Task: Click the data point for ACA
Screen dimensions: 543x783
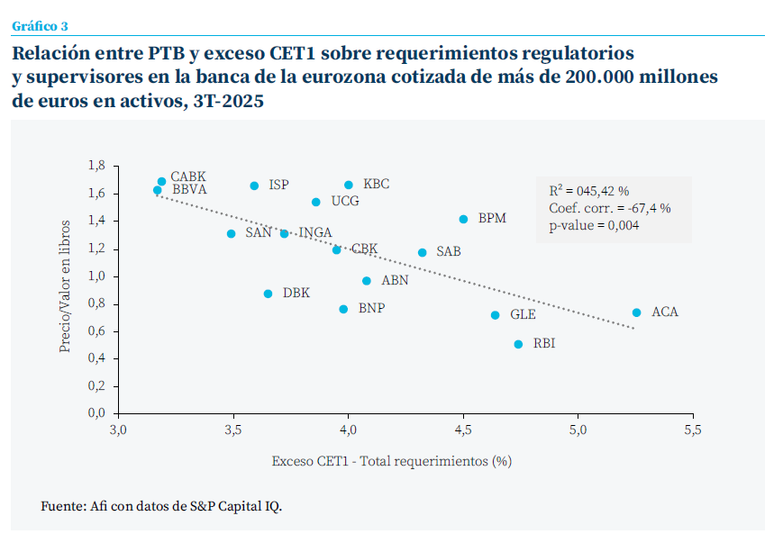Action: pyautogui.click(x=636, y=312)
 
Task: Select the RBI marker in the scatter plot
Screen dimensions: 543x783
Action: pyautogui.click(x=518, y=344)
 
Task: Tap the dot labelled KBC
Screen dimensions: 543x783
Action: pyautogui.click(x=349, y=185)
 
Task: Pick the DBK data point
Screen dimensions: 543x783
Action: pyautogui.click(x=268, y=294)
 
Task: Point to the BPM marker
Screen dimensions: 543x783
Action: pyautogui.click(x=463, y=219)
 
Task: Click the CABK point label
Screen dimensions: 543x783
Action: pyautogui.click(x=188, y=177)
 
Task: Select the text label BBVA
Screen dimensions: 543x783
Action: pyautogui.click(x=189, y=190)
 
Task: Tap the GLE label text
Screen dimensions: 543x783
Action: pyautogui.click(x=523, y=315)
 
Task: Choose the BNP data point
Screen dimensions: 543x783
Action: pyautogui.click(x=343, y=309)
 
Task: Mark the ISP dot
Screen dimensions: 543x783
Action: pyautogui.click(x=254, y=186)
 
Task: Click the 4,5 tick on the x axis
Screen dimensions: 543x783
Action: pyautogui.click(x=463, y=429)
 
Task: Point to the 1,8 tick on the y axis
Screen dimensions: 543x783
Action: pyautogui.click(x=96, y=166)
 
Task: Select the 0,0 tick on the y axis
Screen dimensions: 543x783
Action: pyautogui.click(x=96, y=413)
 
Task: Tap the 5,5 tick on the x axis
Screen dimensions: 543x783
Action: pyautogui.click(x=693, y=429)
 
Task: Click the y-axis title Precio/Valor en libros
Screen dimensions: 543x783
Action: pyautogui.click(x=66, y=285)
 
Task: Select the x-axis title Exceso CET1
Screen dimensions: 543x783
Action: pyautogui.click(x=392, y=462)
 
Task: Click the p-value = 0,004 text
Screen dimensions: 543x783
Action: pyautogui.click(x=594, y=226)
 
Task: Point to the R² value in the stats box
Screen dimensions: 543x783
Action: pyautogui.click(x=588, y=192)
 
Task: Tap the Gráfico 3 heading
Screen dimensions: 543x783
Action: pyautogui.click(x=40, y=25)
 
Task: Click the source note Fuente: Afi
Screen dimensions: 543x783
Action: pyautogui.click(x=161, y=506)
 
